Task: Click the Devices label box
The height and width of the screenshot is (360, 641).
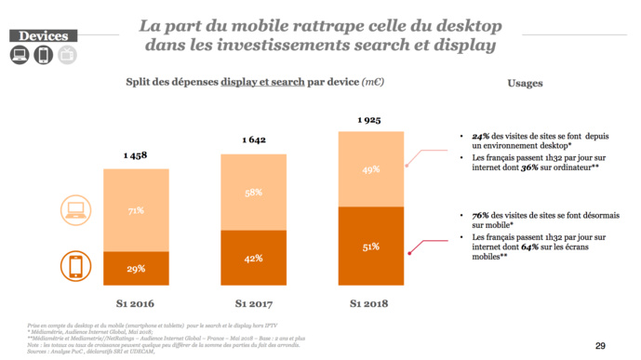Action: coord(42,35)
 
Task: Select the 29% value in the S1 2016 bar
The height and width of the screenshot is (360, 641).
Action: coord(136,269)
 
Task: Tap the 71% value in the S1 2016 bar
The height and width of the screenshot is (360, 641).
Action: coord(136,211)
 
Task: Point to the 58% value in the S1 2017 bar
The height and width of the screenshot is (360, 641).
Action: coord(253,192)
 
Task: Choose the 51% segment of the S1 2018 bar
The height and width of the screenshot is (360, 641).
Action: coord(370,247)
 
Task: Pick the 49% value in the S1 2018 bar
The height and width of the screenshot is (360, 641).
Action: coord(370,169)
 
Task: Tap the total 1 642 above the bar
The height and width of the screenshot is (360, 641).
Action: coord(253,140)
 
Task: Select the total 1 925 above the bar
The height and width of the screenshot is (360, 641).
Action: coord(370,119)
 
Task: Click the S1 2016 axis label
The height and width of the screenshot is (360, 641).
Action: coord(136,302)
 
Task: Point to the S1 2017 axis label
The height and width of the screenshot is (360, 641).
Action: coord(253,302)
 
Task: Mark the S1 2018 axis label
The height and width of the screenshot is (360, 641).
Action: coord(370,302)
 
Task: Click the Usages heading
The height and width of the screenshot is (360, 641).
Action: coord(526,83)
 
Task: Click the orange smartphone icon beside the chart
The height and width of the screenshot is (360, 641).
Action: coord(76,267)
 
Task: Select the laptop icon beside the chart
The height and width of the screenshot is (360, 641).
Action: coord(76,211)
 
